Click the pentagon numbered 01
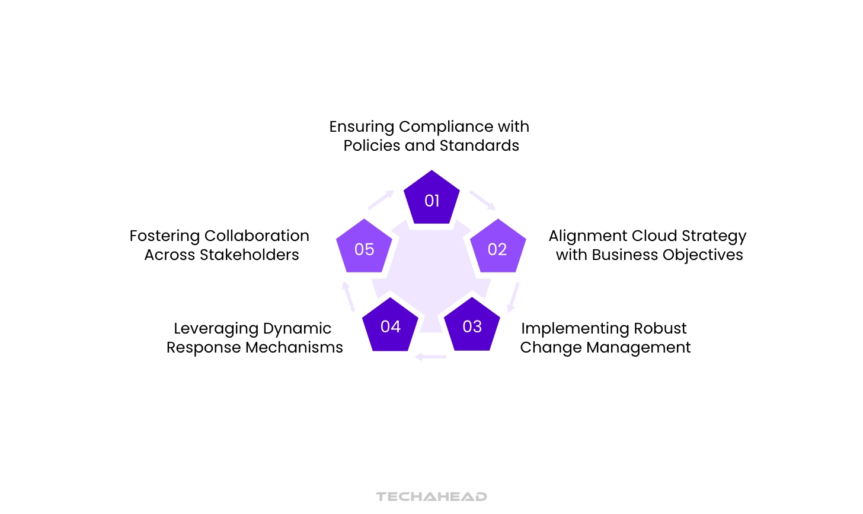coord(431,199)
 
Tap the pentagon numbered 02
coord(497,248)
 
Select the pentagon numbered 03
coord(472,326)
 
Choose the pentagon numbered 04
coord(391,326)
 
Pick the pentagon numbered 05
coord(364,248)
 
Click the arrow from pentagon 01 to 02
coord(482,200)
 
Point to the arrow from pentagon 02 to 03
coord(513,297)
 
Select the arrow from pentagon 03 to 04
coord(431,357)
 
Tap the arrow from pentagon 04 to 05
coord(349,296)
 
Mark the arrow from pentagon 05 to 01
coord(381,200)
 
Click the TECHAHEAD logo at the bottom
coord(431,496)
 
